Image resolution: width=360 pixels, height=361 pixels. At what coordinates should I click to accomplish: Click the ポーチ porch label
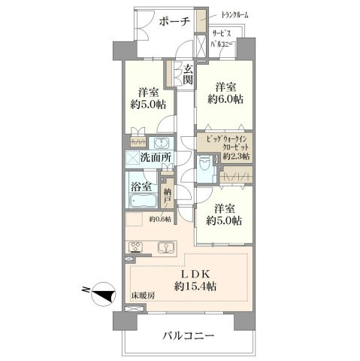(x=174, y=21)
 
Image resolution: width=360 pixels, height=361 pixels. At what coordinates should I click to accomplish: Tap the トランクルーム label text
(x=234, y=15)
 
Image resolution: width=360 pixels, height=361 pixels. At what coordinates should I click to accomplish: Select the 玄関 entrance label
(x=188, y=74)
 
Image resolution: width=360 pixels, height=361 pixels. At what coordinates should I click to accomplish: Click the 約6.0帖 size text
(x=225, y=99)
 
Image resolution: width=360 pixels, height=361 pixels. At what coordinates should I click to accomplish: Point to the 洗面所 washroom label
(x=156, y=157)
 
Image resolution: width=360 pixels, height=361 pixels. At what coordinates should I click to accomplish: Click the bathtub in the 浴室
(x=143, y=200)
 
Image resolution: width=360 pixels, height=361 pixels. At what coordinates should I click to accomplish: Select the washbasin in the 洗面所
(x=160, y=143)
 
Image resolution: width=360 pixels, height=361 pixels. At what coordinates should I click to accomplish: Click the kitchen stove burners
(x=135, y=247)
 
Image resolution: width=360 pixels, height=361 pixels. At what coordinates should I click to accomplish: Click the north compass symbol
(x=104, y=293)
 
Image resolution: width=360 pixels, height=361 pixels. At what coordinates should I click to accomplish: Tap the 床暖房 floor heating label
(x=144, y=296)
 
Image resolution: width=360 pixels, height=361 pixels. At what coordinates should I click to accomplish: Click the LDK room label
(x=195, y=275)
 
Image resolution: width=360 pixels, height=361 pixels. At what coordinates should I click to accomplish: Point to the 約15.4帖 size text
(x=195, y=286)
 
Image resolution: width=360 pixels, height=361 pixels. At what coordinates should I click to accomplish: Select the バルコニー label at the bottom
(x=189, y=335)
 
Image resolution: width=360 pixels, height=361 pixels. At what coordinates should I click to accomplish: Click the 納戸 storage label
(x=168, y=196)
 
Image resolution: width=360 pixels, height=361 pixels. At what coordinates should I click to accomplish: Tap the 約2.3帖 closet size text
(x=237, y=156)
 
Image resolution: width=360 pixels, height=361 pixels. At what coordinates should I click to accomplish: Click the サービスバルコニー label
(x=222, y=39)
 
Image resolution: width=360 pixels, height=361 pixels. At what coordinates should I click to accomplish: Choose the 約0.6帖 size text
(x=161, y=219)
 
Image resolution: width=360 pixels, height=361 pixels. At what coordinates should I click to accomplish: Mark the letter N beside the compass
(x=86, y=289)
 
